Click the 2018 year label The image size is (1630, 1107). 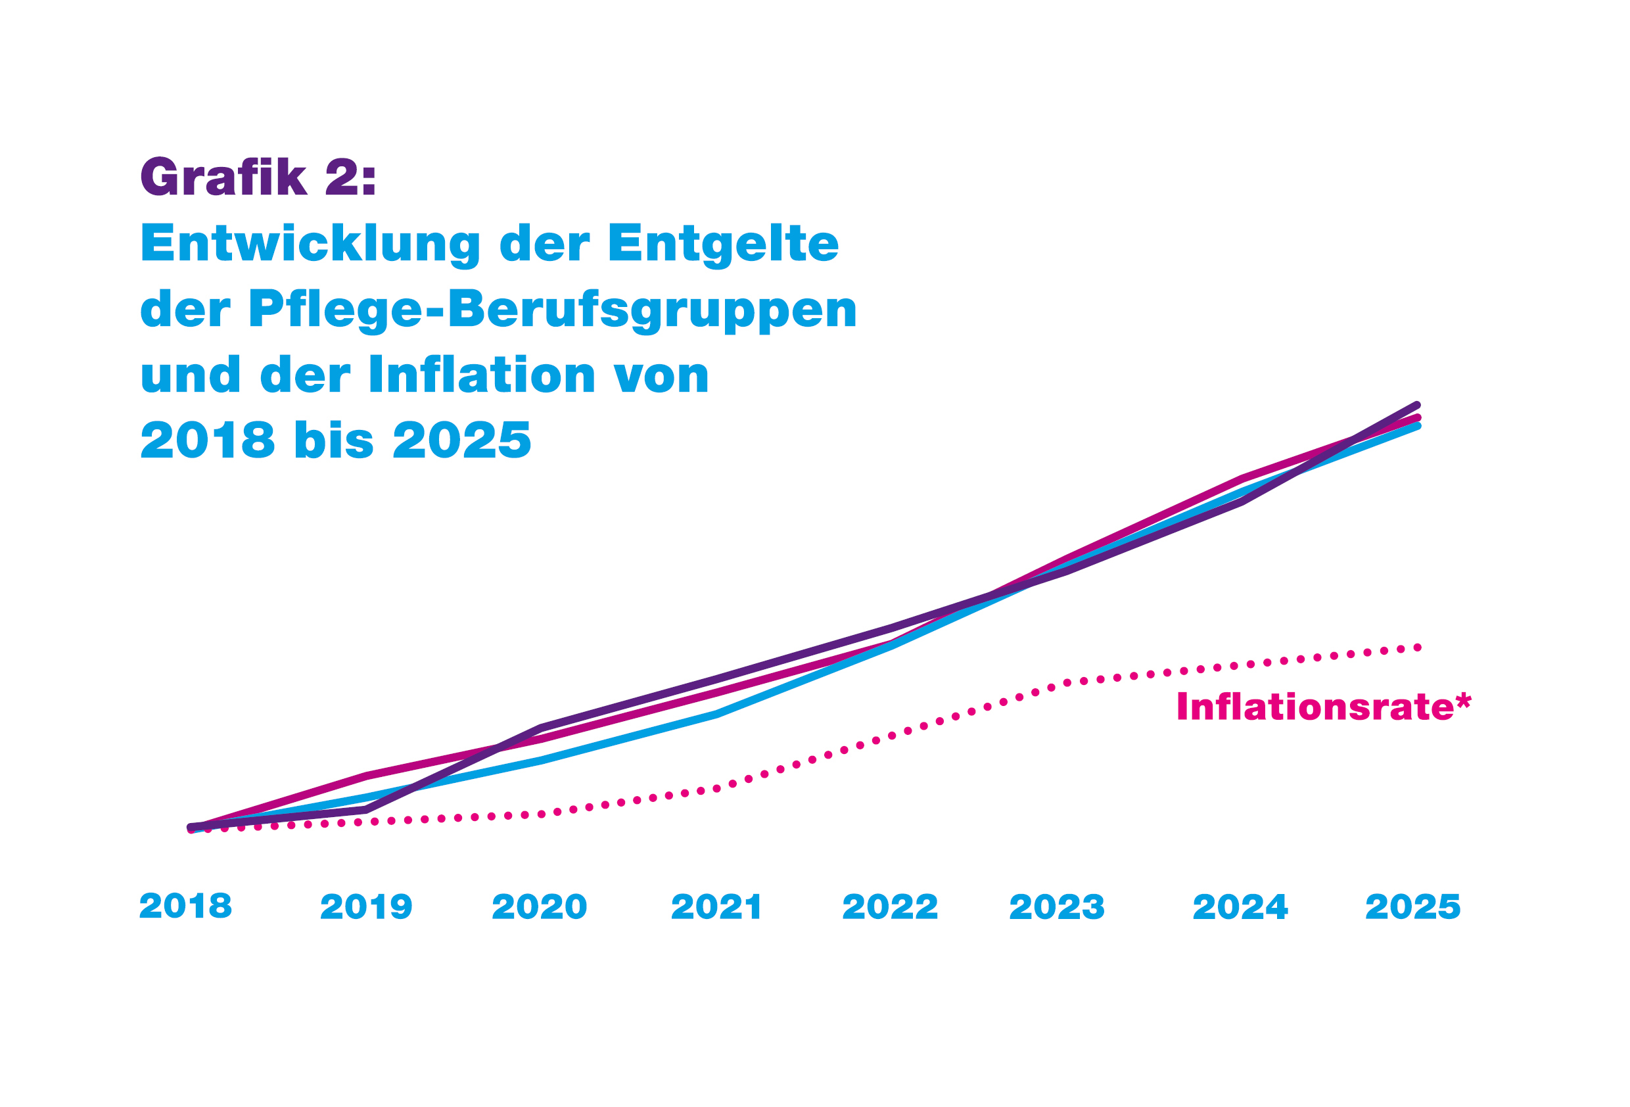tap(186, 906)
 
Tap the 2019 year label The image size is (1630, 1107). tap(366, 907)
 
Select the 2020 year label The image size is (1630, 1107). tap(540, 907)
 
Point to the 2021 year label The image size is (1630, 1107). tap(716, 907)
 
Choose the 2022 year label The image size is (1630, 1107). tap(890, 907)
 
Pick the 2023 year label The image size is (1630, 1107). tap(1057, 907)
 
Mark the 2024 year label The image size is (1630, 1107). tap(1240, 907)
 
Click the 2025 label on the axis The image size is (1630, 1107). tap(1412, 907)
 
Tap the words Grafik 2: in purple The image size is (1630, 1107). tap(259, 177)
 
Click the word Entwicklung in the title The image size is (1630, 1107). tap(311, 244)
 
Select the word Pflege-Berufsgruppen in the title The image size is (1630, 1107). tap(553, 310)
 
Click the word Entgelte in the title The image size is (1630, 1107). tap(723, 243)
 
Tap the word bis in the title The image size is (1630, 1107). tap(335, 440)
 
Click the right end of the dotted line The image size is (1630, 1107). tap(1418, 648)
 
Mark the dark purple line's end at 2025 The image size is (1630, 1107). tap(1417, 406)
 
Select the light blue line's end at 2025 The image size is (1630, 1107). tap(1417, 426)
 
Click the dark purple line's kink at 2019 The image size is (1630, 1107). tap(366, 811)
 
